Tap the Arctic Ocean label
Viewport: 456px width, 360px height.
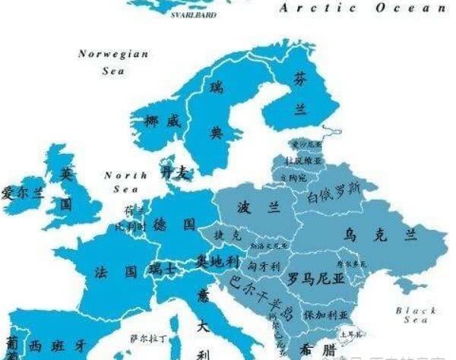(x=363, y=8)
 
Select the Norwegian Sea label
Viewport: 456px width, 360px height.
(x=113, y=62)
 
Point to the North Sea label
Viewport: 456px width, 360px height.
(x=125, y=182)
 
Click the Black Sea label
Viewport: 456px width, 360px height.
(x=416, y=315)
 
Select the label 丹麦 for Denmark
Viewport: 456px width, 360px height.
(x=174, y=173)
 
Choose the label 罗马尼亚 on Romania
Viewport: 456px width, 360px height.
(x=315, y=279)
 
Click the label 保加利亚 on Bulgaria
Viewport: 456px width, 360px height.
(x=325, y=314)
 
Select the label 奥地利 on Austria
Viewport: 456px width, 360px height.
(x=218, y=261)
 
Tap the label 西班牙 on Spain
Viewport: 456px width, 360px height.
(x=57, y=346)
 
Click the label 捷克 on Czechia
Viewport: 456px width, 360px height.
(x=228, y=235)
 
